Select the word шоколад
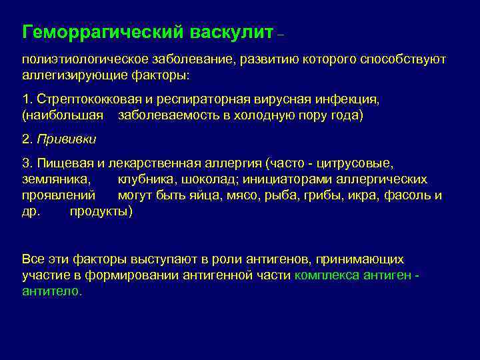pos(213,179)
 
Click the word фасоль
pos(417,195)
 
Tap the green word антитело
pos(51,291)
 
